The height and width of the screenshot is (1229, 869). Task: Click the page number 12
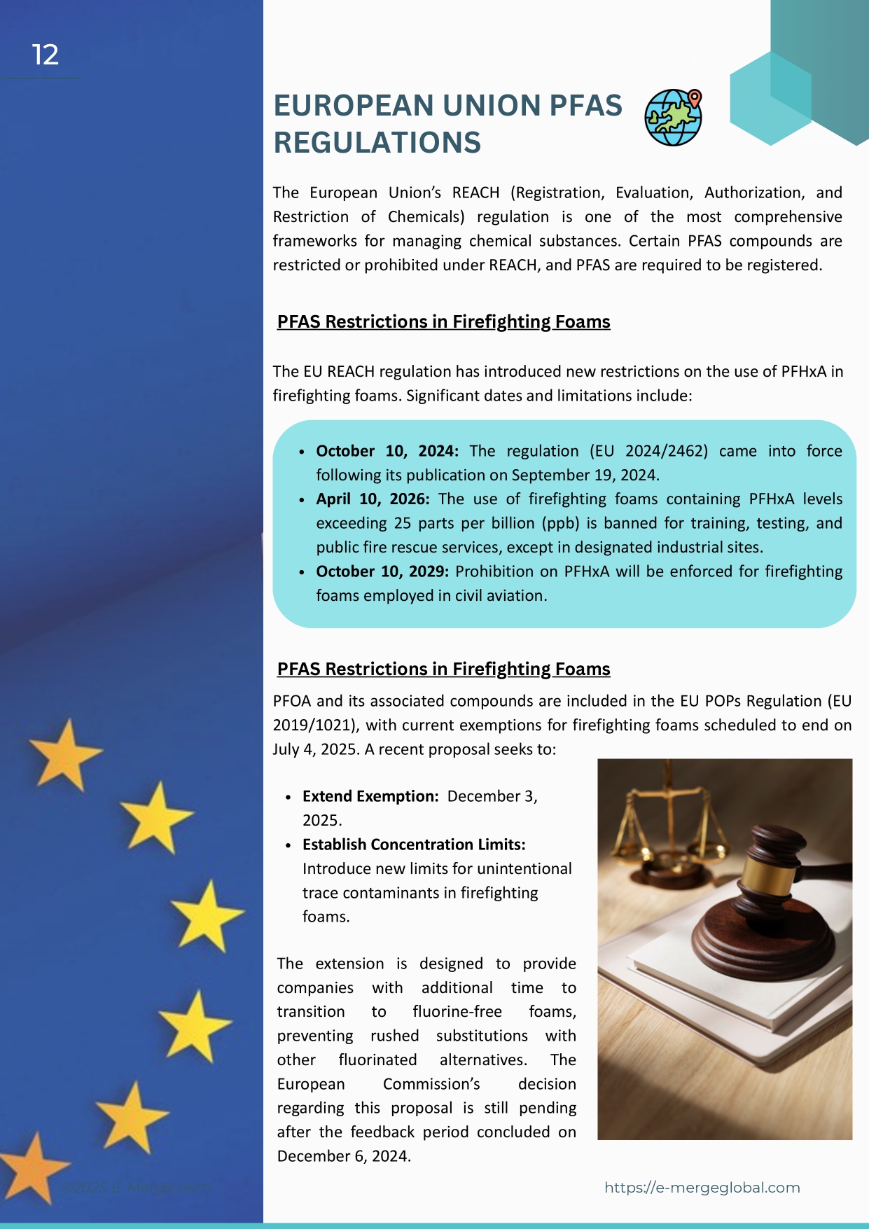(x=46, y=55)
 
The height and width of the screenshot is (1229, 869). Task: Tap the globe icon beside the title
(x=672, y=118)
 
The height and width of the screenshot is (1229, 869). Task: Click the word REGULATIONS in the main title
(x=377, y=142)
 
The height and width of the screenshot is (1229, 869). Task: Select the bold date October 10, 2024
(x=387, y=451)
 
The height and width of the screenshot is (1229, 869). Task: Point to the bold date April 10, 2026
(x=373, y=499)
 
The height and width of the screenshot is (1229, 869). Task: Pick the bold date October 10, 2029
(x=382, y=571)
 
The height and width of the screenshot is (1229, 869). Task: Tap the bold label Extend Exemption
(x=370, y=796)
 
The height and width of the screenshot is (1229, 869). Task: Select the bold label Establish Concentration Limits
(x=413, y=845)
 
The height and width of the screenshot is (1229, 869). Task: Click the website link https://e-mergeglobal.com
(x=702, y=1188)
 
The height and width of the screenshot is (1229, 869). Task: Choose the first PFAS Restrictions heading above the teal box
(x=443, y=321)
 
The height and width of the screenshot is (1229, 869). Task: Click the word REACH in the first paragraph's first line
(x=475, y=193)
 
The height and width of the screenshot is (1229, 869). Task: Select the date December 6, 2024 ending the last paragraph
(x=343, y=1156)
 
